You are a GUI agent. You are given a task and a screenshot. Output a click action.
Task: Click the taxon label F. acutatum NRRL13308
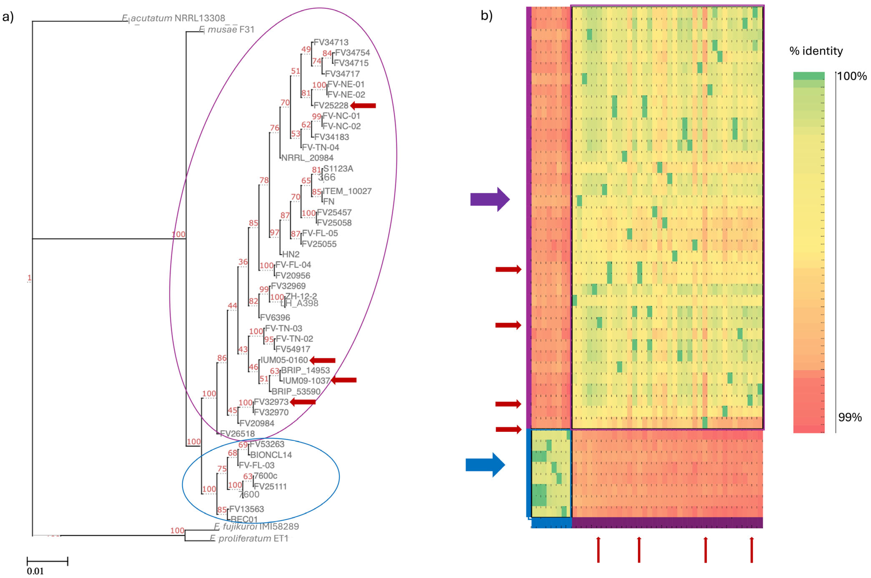click(173, 18)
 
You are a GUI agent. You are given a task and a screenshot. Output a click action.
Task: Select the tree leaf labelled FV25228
click(331, 106)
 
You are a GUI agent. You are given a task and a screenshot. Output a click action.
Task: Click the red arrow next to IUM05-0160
click(323, 360)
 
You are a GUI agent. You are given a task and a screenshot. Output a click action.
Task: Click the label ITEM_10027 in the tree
click(347, 191)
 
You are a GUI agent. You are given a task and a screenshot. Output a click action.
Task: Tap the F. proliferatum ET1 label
click(249, 539)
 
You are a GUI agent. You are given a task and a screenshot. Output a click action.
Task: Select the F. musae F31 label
click(227, 29)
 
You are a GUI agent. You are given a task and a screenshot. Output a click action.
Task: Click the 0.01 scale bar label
click(35, 571)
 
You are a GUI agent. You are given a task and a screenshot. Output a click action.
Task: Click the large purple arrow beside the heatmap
click(489, 199)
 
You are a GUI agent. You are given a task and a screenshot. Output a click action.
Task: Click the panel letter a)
click(8, 17)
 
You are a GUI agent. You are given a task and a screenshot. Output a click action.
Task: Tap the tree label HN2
click(290, 254)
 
